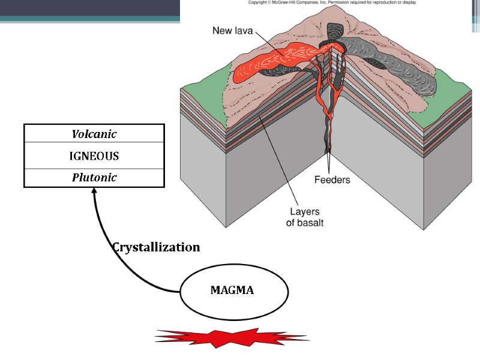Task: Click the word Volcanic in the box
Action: point(94,133)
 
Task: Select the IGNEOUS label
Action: point(94,156)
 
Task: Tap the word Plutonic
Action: point(94,178)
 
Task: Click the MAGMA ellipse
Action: point(232,290)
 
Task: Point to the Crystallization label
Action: point(156,247)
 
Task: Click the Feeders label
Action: point(332,179)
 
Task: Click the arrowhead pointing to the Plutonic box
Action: point(94,191)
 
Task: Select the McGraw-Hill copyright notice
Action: point(332,2)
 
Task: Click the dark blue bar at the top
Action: point(90,8)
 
